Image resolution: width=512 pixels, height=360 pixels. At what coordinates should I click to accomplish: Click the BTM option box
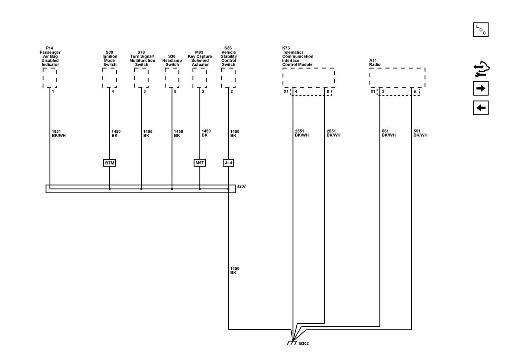[110, 163]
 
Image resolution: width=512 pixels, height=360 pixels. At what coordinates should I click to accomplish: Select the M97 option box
[200, 163]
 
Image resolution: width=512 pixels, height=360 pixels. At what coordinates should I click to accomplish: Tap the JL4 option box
[228, 163]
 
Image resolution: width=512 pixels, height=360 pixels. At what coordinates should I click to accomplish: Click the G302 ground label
[303, 343]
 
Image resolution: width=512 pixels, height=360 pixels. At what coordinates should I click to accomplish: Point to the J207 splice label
[241, 186]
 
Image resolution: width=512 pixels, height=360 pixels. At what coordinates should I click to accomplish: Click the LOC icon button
[481, 30]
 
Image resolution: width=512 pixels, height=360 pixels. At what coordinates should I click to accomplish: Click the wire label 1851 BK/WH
[58, 134]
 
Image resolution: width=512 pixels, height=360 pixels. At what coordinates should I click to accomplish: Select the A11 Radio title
[375, 63]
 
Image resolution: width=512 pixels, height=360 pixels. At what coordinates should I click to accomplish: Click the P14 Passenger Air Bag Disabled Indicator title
[50, 56]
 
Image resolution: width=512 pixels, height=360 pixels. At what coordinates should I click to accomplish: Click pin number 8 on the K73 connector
[328, 91]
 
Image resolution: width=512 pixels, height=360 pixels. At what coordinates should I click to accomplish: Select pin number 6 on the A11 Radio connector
[415, 91]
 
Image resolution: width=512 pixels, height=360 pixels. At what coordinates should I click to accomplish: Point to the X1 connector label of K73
[286, 91]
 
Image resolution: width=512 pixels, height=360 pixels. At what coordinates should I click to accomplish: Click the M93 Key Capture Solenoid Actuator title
[200, 58]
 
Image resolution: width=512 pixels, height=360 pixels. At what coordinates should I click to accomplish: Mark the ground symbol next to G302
[292, 343]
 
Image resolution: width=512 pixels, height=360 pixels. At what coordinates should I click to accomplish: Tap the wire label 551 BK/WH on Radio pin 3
[389, 133]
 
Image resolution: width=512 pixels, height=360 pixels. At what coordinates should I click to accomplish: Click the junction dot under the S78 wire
[141, 189]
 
